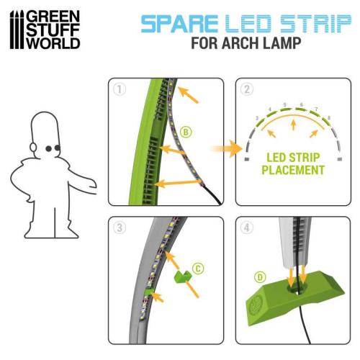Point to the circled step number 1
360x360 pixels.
[119, 89]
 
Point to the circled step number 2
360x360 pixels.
[246, 89]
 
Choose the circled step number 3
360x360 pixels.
[119, 227]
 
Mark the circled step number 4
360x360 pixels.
[246, 227]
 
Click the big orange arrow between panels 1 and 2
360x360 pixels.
[224, 150]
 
